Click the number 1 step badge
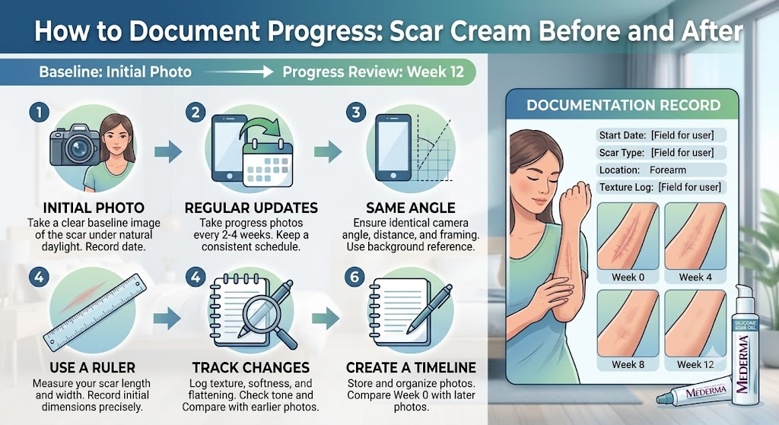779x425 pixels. (x=40, y=113)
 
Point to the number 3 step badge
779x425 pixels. (x=356, y=113)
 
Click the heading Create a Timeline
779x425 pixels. (x=411, y=367)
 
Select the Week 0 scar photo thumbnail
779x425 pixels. (x=628, y=237)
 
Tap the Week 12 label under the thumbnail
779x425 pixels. (x=695, y=364)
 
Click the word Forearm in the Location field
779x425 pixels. (x=668, y=170)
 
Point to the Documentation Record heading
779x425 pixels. (x=624, y=105)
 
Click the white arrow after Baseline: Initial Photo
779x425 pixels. (x=238, y=72)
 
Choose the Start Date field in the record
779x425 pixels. (x=661, y=135)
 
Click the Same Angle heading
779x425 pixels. (x=410, y=208)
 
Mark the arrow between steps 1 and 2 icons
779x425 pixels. (x=168, y=152)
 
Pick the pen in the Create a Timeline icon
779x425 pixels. (x=429, y=309)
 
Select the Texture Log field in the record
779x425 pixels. (x=661, y=187)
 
